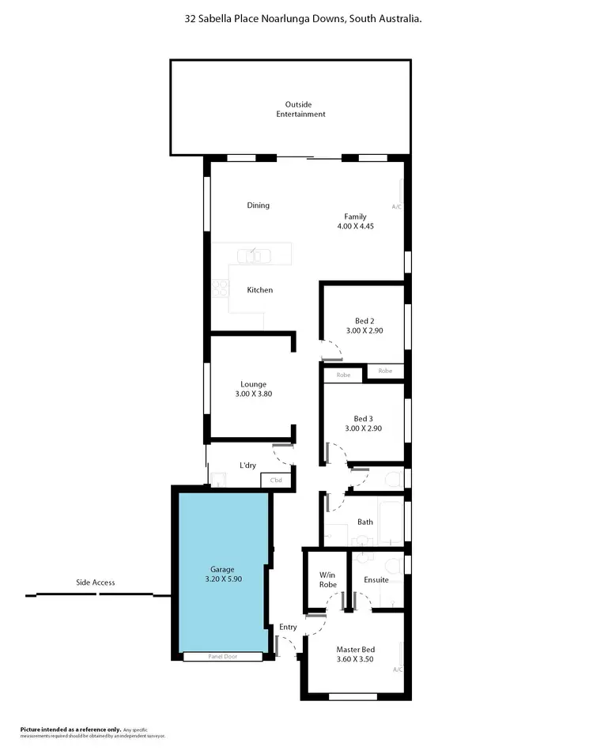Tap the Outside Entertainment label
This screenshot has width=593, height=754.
(300, 109)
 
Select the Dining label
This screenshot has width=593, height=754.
(258, 205)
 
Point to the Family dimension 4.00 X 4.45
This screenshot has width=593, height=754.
(354, 226)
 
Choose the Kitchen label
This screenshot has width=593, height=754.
(259, 290)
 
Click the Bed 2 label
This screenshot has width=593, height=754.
(364, 321)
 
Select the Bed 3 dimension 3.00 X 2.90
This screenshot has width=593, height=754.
(364, 428)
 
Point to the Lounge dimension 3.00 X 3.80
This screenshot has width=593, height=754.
(254, 394)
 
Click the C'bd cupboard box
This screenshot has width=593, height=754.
(276, 480)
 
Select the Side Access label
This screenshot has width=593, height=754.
(95, 582)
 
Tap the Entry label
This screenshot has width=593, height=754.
(288, 627)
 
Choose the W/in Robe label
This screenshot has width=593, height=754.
(327, 579)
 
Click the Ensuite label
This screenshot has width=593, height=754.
(376, 579)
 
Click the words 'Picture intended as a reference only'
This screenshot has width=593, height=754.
(70, 729)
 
